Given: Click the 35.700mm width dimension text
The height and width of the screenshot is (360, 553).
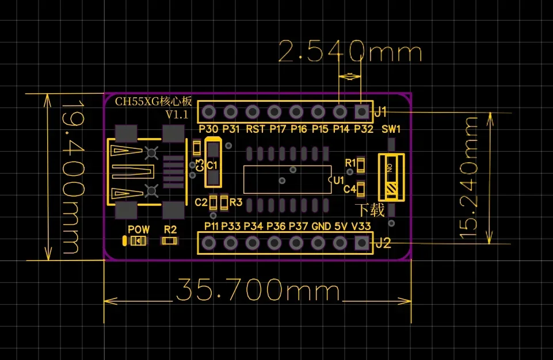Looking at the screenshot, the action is tap(258, 290).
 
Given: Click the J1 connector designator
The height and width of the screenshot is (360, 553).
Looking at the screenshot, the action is tap(381, 111).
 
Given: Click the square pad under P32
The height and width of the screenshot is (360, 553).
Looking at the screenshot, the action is tap(361, 110).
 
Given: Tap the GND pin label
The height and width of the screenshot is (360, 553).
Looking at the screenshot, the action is tap(321, 227).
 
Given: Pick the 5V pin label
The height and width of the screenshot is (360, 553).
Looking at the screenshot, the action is tap(341, 227).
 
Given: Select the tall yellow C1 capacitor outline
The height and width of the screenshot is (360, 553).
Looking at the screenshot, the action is tap(213, 164).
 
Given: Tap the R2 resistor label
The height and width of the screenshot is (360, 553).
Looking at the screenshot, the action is tap(170, 229).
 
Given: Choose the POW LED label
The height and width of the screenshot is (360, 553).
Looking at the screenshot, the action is tap(139, 229).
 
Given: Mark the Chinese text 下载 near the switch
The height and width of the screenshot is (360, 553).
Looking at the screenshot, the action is tap(370, 210).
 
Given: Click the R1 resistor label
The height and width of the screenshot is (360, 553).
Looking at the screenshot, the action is tap(350, 163).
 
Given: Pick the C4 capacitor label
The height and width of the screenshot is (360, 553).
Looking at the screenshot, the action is tap(350, 189).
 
